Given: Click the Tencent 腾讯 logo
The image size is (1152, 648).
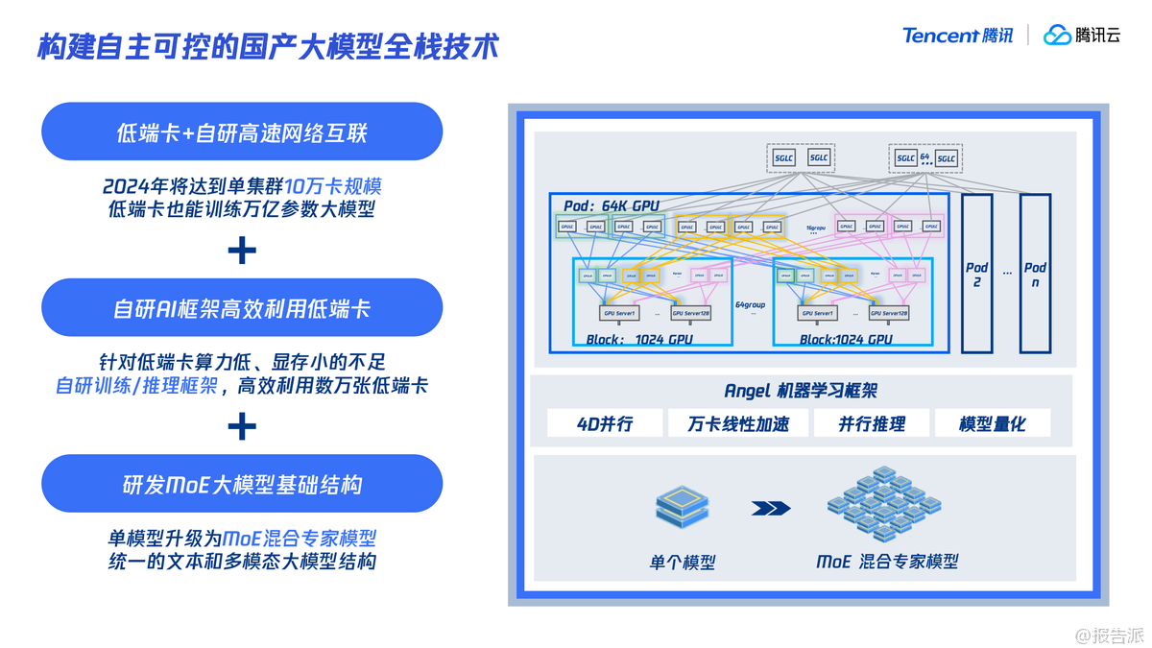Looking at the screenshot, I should (x=957, y=36).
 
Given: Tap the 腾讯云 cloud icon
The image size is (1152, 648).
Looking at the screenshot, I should (x=1057, y=36).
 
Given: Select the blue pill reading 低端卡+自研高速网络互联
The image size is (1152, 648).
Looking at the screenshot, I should (x=241, y=132).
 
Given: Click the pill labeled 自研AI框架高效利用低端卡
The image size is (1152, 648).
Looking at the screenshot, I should (x=241, y=308).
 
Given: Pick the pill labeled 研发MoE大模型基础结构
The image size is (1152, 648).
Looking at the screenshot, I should (x=241, y=484).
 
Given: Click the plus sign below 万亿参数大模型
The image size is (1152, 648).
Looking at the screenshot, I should (x=242, y=251).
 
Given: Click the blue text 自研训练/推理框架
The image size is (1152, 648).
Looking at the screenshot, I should (x=136, y=386).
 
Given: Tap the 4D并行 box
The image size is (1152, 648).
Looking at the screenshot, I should (x=605, y=423).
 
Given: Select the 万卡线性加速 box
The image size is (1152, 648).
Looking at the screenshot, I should (x=738, y=423).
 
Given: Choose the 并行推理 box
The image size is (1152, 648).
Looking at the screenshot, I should (x=872, y=423).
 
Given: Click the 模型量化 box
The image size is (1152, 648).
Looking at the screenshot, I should (x=992, y=423).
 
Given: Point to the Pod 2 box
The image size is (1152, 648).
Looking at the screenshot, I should (x=976, y=274).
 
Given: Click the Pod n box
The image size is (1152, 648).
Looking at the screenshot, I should (x=1035, y=274).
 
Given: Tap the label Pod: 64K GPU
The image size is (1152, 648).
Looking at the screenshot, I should (x=612, y=205).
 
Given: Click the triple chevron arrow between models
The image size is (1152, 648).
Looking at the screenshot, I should (x=771, y=508).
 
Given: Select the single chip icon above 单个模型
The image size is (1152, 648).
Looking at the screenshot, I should (x=682, y=506).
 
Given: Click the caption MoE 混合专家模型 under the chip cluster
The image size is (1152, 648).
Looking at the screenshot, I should (x=887, y=562).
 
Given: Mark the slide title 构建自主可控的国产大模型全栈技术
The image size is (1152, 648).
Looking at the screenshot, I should (x=269, y=46).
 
